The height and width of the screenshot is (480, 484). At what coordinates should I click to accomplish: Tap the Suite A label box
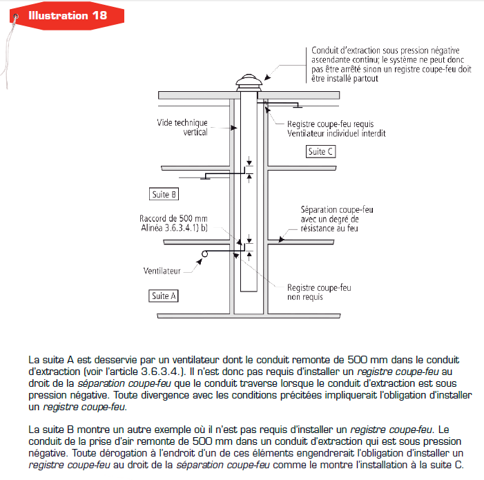coord(164,296)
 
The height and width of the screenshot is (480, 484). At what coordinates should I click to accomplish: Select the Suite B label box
coord(164,194)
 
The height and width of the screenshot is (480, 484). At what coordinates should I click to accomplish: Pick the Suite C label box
coord(321,151)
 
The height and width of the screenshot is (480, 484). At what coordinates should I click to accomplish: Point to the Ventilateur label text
coord(162,270)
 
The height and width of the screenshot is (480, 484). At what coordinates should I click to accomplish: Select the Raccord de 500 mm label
coord(173,218)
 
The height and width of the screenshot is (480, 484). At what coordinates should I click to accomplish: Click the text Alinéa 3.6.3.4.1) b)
coord(173,228)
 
